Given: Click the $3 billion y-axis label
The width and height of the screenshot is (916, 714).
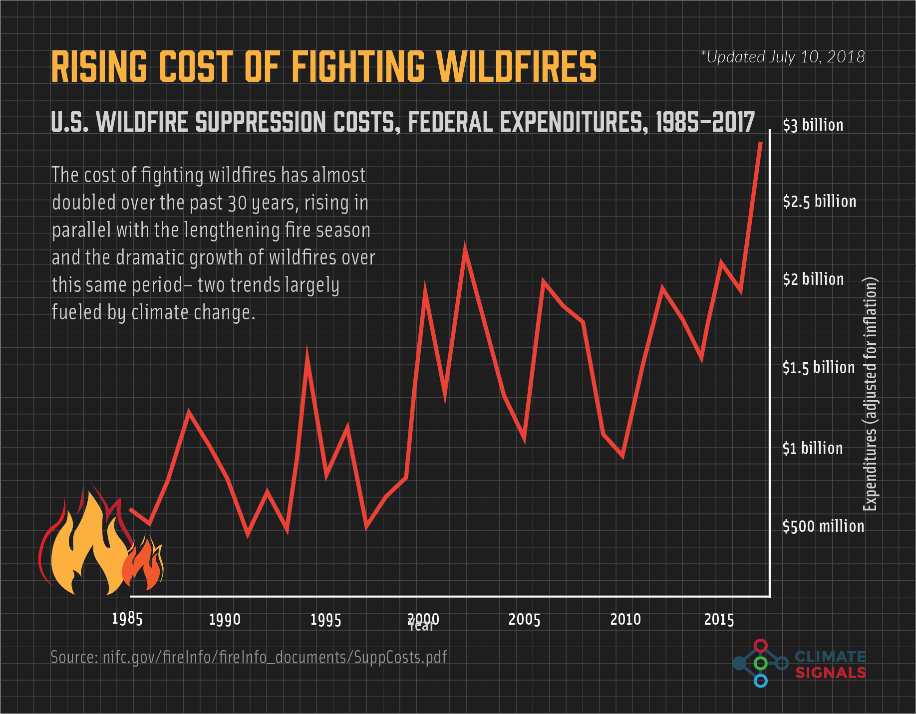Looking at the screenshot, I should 813,125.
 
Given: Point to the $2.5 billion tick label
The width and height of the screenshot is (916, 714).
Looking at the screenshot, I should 819,202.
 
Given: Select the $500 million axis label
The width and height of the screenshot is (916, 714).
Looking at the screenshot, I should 823,526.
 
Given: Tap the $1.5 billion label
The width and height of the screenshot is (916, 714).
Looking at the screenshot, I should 819,368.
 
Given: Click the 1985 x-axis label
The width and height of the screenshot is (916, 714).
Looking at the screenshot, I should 127,619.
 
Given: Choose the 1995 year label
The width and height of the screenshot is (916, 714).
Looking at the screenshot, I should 325,620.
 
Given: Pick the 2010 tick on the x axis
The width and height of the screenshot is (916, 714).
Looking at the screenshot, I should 625,620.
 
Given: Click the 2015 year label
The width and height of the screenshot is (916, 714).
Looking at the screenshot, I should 719,620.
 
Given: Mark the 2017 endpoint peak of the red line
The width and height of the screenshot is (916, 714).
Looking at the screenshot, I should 760,143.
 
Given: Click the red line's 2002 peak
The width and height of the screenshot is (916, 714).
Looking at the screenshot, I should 465,249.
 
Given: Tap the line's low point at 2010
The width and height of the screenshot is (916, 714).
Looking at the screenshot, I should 622,456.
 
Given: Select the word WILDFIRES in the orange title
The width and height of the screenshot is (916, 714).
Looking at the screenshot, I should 516,66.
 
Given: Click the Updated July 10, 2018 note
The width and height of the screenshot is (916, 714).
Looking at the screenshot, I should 783,57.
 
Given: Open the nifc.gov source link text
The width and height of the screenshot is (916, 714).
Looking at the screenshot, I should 249,657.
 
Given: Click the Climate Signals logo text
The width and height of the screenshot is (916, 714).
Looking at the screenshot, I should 830,665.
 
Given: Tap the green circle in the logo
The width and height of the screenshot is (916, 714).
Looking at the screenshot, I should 760,663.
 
